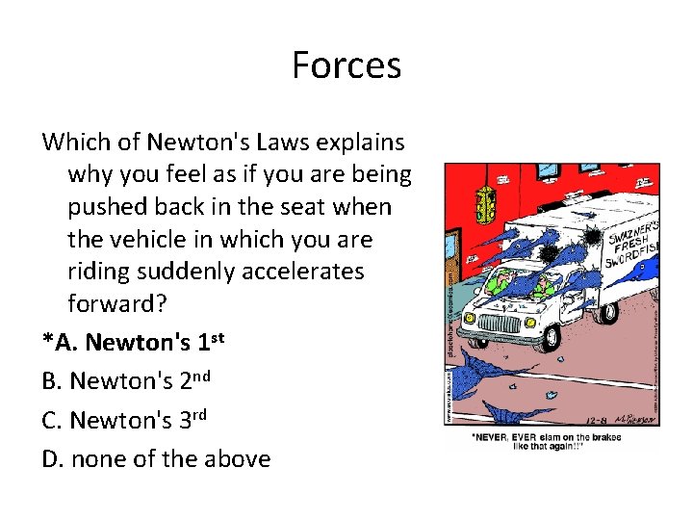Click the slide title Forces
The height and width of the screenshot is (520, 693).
click(x=346, y=65)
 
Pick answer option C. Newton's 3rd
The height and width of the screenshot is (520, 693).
click(x=124, y=421)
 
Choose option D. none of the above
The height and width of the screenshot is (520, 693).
click(x=156, y=459)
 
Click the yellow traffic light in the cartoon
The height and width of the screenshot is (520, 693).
click(x=487, y=202)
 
